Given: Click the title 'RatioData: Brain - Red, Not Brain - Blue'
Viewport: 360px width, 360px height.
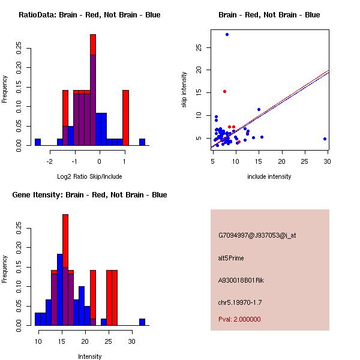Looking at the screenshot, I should pos(89,15).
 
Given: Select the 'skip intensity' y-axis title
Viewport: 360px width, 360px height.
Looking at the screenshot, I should pos(184,90).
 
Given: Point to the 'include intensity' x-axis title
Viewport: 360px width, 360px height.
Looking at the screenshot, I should pos(270,176).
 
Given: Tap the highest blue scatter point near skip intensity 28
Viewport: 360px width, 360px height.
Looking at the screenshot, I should pos(227,34).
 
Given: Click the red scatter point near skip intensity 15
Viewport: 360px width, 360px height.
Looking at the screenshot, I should pos(224,91).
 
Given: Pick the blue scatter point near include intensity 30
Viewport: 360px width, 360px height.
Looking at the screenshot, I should pos(325,139).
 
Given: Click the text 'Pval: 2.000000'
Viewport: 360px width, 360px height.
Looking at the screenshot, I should pos(239,319).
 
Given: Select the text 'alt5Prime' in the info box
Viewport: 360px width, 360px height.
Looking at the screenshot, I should pos(231,258).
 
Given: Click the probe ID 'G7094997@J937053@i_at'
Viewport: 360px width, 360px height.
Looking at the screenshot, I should pos(257,235).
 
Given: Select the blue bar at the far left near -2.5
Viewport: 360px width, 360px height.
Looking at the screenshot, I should pos(38,142).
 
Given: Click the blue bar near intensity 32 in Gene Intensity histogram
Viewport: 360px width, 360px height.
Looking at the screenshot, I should pos(142,322).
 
